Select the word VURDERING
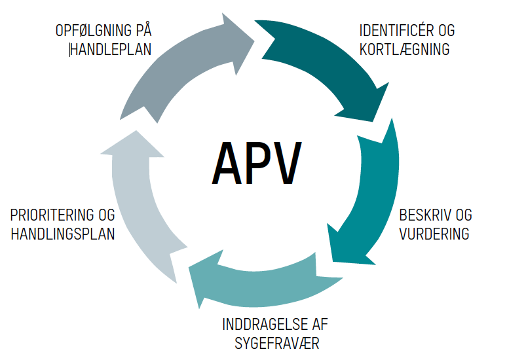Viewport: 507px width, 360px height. [x=435, y=234]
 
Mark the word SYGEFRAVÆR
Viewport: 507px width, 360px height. [x=277, y=343]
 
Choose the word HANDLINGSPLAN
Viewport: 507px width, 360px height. [x=63, y=234]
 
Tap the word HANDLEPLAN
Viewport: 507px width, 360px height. [x=112, y=49]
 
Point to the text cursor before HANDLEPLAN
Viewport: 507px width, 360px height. [x=70, y=50]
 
